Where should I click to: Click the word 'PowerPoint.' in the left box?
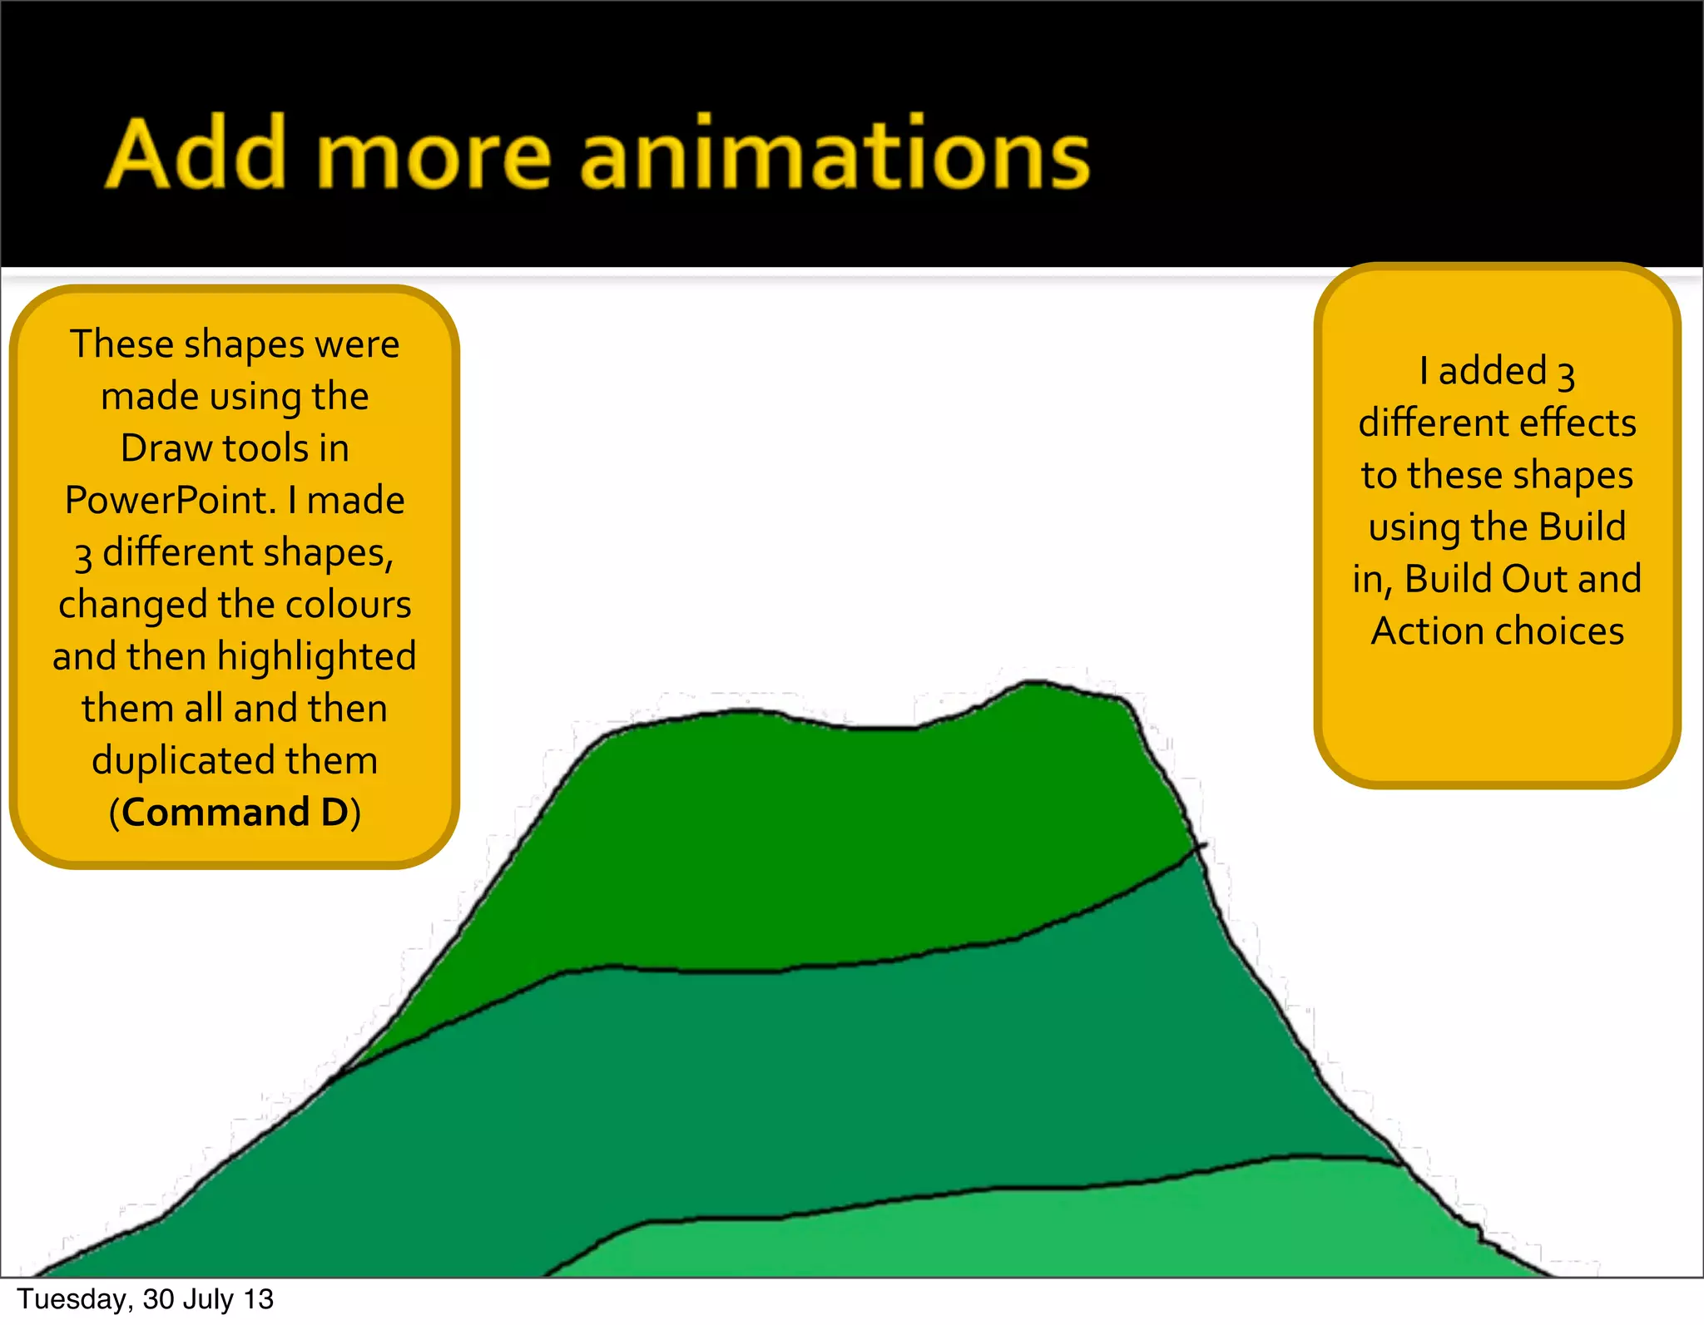point(171,501)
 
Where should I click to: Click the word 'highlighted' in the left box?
point(316,657)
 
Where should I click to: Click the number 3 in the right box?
point(1566,374)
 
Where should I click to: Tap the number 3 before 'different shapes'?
point(82,556)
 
